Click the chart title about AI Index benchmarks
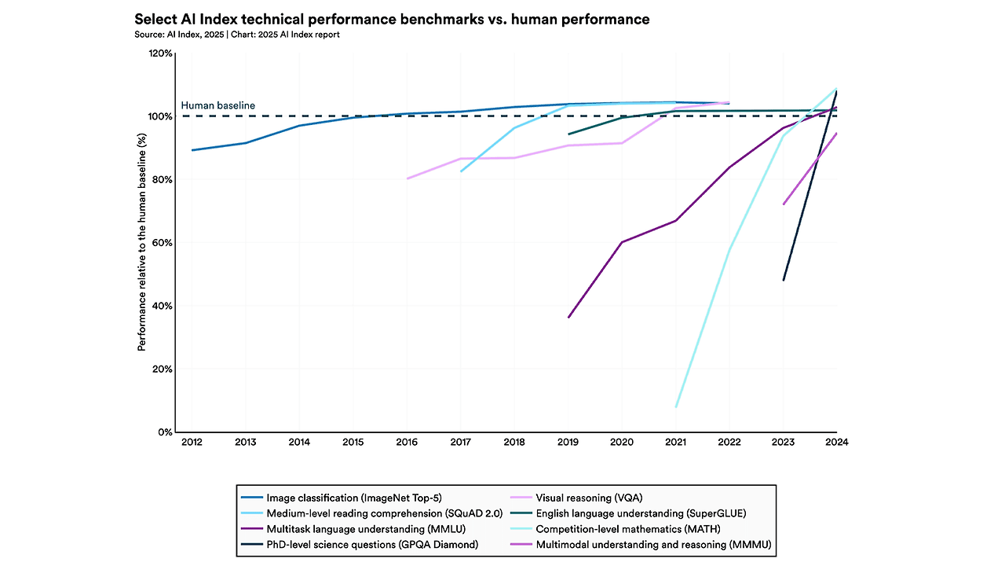392,20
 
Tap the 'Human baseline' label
218,105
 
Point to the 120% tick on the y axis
161,53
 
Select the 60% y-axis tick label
162,243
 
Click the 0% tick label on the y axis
165,432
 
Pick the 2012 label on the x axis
192,442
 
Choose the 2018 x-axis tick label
514,442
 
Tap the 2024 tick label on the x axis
837,442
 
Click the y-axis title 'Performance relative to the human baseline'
142,243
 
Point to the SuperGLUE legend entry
640,513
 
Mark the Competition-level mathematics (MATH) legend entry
627,528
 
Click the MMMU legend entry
655,544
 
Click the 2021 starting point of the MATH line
676,407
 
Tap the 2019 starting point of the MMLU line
568,318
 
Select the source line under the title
237,35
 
